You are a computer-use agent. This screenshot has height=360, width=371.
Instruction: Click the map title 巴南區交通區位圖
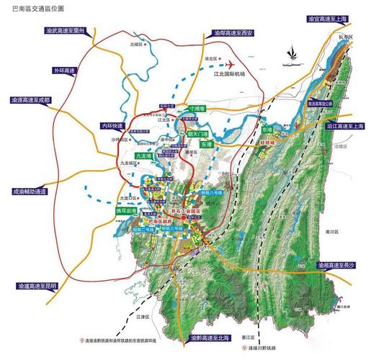point(32,9)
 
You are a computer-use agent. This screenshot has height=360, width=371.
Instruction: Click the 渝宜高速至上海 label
point(333,18)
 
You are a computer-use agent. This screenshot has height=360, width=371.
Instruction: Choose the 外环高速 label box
point(63,71)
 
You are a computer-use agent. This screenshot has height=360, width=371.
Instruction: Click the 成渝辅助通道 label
point(29,192)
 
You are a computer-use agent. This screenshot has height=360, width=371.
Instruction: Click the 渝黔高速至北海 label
point(215,336)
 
